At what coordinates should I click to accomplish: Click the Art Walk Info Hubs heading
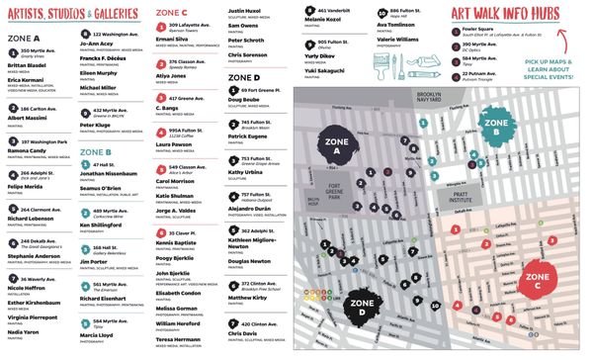point(498,13)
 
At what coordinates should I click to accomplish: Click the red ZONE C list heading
point(171,12)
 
